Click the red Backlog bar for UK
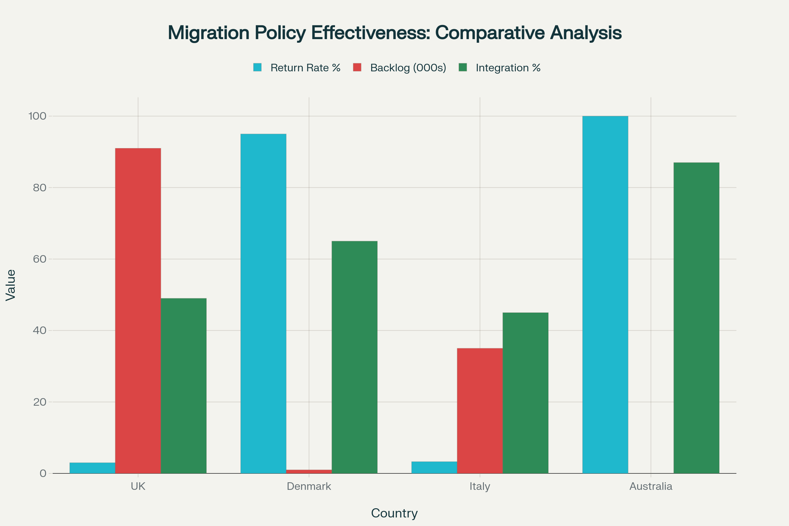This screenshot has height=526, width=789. point(138,311)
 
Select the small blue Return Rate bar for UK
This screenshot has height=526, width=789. point(92,468)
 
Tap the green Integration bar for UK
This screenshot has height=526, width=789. point(183,386)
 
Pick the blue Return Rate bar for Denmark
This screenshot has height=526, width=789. point(263,303)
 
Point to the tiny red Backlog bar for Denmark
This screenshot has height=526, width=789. point(309,472)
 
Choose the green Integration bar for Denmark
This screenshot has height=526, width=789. point(355,357)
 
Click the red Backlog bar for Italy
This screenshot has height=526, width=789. point(480,411)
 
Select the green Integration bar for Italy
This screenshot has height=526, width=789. point(525,393)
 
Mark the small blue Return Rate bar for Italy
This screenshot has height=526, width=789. point(434,467)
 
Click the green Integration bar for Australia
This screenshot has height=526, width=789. point(696,318)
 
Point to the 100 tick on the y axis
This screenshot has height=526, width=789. point(37,116)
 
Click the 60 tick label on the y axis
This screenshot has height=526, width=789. point(39,259)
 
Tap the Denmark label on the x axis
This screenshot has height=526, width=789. point(309,487)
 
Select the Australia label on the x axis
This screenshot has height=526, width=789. point(651,487)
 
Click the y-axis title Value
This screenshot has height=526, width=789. point(11,285)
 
